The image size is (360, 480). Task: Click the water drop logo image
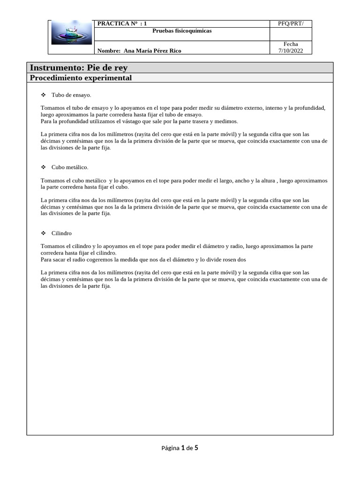click(71, 37)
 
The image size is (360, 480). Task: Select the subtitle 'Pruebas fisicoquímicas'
click(182, 31)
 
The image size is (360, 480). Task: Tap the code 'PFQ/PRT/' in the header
click(291, 23)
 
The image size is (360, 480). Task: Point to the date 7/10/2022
click(291, 51)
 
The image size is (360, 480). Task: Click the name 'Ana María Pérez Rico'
click(152, 51)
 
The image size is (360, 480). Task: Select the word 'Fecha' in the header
click(291, 44)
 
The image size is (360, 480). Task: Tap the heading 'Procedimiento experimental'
click(81, 78)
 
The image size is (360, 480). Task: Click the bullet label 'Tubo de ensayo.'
click(71, 95)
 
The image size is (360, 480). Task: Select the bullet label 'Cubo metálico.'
click(70, 167)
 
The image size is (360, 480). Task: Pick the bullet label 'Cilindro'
click(62, 233)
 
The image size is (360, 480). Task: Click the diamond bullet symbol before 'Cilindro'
click(43, 233)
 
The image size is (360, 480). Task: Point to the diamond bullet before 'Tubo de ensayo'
click(43, 95)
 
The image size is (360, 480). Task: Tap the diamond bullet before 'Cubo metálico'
click(43, 167)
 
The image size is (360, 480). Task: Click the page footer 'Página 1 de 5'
click(180, 448)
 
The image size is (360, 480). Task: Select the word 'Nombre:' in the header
click(108, 51)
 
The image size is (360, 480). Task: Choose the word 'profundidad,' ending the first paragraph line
click(310, 108)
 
